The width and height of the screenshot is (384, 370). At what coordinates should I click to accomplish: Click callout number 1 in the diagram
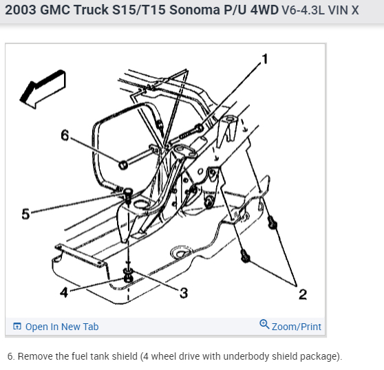point(266,58)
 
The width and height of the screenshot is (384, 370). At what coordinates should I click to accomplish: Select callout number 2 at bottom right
point(302,295)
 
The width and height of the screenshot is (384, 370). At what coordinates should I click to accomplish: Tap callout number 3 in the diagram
point(183,294)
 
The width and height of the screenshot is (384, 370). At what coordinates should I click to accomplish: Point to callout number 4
point(64,292)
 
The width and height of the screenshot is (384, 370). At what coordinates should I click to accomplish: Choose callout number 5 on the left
point(25,214)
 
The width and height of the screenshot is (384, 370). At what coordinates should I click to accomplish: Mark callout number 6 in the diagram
point(65,135)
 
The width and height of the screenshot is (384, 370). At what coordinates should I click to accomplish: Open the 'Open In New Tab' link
point(61,327)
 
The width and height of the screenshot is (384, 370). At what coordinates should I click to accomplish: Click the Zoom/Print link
point(296,327)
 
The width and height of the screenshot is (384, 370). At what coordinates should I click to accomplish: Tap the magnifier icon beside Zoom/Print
point(264,326)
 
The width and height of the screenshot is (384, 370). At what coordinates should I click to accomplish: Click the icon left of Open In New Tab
point(17,327)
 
